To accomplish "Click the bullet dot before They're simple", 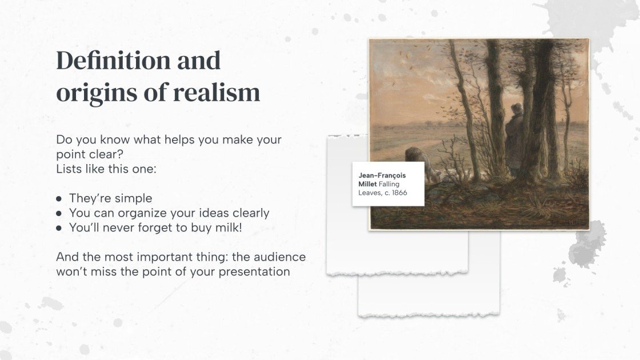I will point(59,199).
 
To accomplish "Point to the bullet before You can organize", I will point(59,213).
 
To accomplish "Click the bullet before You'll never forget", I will point(59,227).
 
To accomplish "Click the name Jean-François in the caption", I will point(382,175).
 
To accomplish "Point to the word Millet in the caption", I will point(367,185).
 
